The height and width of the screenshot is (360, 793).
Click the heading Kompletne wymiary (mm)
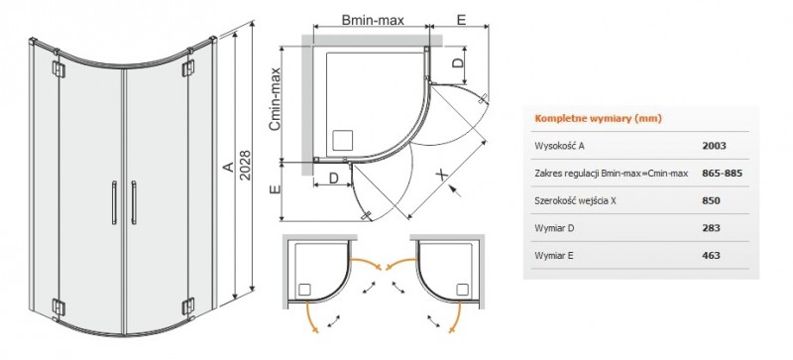pyautogui.click(x=598, y=118)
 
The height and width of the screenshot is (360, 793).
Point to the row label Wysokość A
pyautogui.click(x=561, y=145)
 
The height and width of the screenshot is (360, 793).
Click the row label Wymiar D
pyautogui.click(x=557, y=228)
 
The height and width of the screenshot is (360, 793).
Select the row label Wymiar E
pyautogui.click(x=557, y=256)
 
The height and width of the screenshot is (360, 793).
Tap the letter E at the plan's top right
pyautogui.click(x=461, y=19)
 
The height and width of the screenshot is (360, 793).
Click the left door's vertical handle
pyautogui.click(x=116, y=205)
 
